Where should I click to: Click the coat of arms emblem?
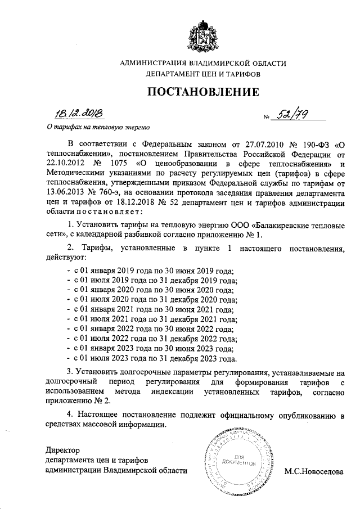point(203,35)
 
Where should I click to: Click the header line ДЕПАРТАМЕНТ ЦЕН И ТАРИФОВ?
point(203,74)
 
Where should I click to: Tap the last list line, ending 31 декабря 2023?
point(152,358)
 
